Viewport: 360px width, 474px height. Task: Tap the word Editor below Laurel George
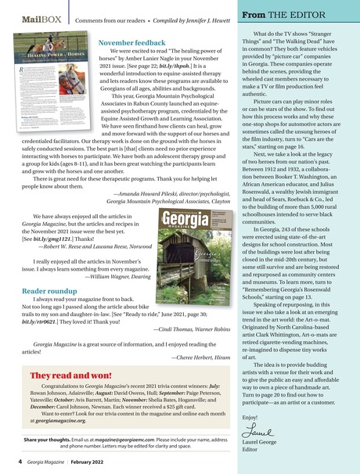[250, 449]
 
